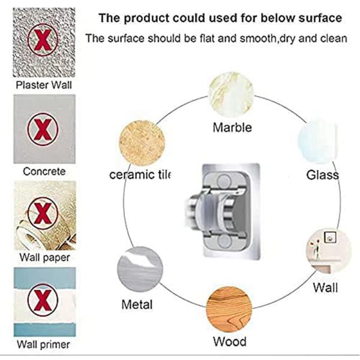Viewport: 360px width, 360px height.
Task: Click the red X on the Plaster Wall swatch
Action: click(43, 40)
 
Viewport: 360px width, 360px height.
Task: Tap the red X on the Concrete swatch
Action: click(43, 129)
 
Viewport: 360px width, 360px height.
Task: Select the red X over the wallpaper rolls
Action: click(43, 214)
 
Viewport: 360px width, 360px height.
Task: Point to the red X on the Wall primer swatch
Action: click(43, 300)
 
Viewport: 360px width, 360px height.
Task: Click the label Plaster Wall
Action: click(44, 85)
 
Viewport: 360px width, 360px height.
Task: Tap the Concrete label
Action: click(44, 172)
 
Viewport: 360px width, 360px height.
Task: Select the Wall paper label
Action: click(44, 257)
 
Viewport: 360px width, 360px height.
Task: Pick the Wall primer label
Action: click(43, 344)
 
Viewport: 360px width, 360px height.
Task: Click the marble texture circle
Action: click(231, 95)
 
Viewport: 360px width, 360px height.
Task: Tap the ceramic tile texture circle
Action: click(142, 143)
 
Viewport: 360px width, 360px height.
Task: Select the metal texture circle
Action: click(140, 269)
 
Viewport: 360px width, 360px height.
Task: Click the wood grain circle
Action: click(229, 310)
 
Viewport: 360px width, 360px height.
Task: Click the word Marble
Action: click(232, 127)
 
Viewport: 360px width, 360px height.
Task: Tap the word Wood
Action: click(230, 341)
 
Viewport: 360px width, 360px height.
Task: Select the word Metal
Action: click(137, 305)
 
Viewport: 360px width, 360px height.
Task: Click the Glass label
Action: click(322, 175)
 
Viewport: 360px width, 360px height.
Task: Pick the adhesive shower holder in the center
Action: click(223, 211)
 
